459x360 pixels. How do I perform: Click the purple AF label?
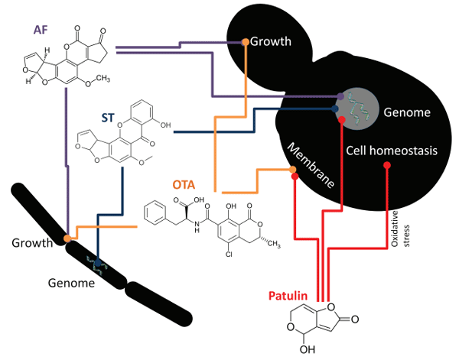click(x=41, y=30)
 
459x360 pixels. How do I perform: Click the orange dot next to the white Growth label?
click(x=246, y=41)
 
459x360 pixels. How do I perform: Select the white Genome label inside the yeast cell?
click(x=408, y=112)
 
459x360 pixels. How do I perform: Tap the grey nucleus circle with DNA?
click(x=360, y=107)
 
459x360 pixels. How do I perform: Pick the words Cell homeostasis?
click(x=391, y=151)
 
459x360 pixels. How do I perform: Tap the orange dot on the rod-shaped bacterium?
click(x=68, y=238)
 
